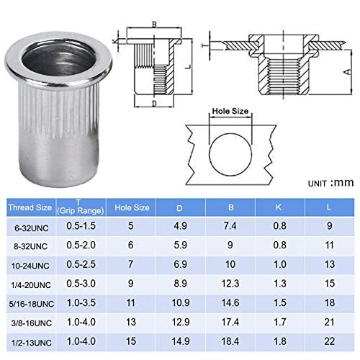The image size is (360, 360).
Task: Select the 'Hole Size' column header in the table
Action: pos(132,207)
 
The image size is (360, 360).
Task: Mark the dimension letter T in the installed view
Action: pos(204,44)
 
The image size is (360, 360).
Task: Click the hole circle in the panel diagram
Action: pos(230,149)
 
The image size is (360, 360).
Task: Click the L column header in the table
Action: pos(329,207)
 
